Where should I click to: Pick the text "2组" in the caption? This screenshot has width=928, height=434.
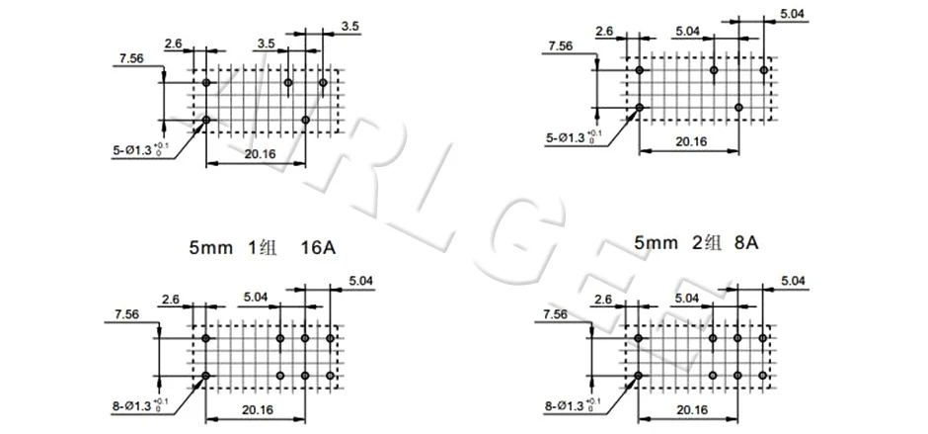pyautogui.click(x=695, y=241)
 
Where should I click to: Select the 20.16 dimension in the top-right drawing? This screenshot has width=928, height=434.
pyautogui.click(x=690, y=141)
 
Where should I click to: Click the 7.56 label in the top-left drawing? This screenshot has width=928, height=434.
pyautogui.click(x=131, y=60)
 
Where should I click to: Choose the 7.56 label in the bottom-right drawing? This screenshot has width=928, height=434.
pyautogui.click(x=555, y=314)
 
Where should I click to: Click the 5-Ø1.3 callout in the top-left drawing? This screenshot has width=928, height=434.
pyautogui.click(x=139, y=151)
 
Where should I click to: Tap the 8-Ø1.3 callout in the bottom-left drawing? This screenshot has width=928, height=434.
pyautogui.click(x=139, y=404)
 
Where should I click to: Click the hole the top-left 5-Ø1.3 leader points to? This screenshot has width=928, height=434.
pyautogui.click(x=206, y=120)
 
